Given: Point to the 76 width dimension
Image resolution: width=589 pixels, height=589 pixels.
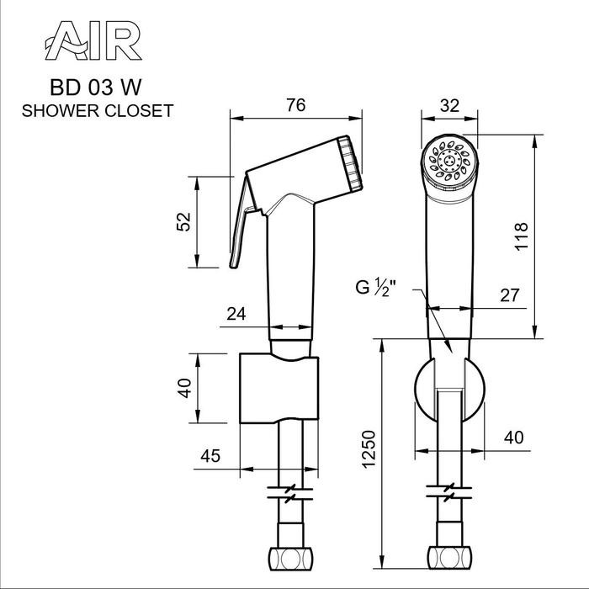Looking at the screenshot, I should (x=295, y=104).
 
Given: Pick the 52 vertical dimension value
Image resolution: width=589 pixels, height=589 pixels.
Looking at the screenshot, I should (x=185, y=222).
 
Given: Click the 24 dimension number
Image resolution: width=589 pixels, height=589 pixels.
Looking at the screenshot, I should (x=237, y=315).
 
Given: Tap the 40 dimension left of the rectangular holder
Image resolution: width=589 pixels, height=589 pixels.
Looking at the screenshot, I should (x=185, y=388).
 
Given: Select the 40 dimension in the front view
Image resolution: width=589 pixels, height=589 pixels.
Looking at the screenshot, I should (x=513, y=438).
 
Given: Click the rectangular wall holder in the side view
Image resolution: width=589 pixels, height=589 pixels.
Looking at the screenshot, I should (x=279, y=388).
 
